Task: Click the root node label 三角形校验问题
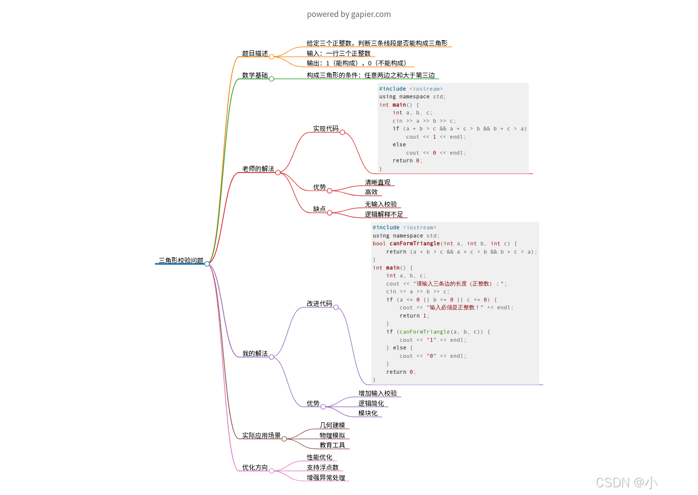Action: pyautogui.click(x=181, y=260)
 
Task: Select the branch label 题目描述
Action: pyautogui.click(x=255, y=53)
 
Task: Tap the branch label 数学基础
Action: pyautogui.click(x=255, y=75)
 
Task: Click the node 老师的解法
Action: pyautogui.click(x=258, y=169)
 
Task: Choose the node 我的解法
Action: pyautogui.click(x=255, y=353)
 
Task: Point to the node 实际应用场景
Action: pyautogui.click(x=261, y=435)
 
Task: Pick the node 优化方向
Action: pyautogui.click(x=255, y=467)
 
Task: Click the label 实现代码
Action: pyautogui.click(x=326, y=128)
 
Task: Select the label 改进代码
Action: pyautogui.click(x=319, y=303)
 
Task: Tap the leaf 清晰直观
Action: pyautogui.click(x=378, y=182)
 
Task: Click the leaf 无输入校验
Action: pyautogui.click(x=381, y=204)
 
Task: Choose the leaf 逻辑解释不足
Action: pyautogui.click(x=384, y=214)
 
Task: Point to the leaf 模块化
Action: pyautogui.click(x=368, y=413)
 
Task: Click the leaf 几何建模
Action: pyautogui.click(x=332, y=425)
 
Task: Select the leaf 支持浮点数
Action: pyautogui.click(x=322, y=467)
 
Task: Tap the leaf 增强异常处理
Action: pyautogui.click(x=326, y=478)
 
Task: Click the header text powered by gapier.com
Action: pyautogui.click(x=349, y=14)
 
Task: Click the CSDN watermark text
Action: pyautogui.click(x=626, y=482)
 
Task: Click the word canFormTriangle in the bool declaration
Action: pyautogui.click(x=414, y=243)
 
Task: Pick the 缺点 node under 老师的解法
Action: pyautogui.click(x=319, y=209)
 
